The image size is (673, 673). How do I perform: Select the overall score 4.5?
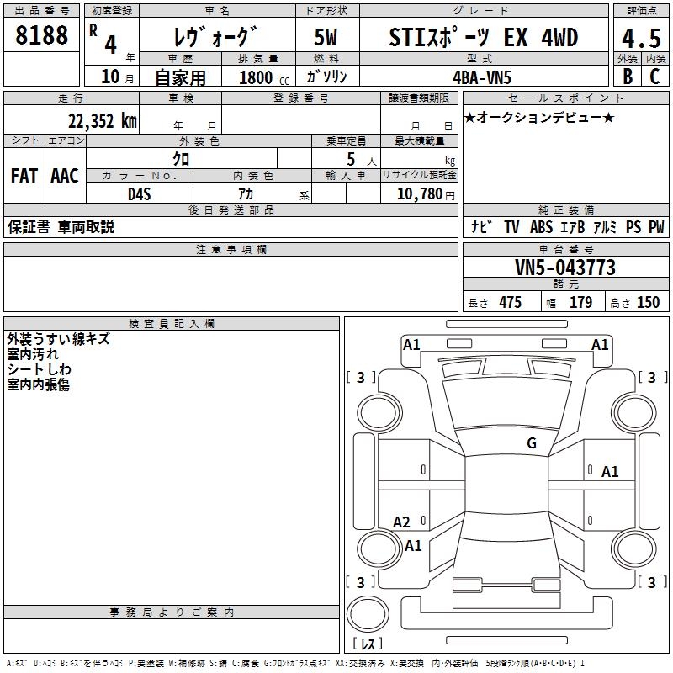click(641, 38)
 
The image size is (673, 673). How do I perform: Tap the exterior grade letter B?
click(627, 76)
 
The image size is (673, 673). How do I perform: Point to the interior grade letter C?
click(655, 76)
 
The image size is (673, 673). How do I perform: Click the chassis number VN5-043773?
click(565, 268)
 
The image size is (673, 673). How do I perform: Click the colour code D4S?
click(138, 193)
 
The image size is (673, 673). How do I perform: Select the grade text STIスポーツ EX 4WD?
click(484, 38)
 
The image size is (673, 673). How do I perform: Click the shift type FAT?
click(24, 176)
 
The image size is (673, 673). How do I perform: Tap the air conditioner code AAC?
click(64, 176)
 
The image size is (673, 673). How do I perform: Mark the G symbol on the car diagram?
click(532, 443)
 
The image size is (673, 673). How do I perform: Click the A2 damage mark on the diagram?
click(402, 522)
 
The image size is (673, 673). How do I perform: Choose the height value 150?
click(648, 303)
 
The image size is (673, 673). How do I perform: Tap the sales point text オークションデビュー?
click(539, 118)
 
